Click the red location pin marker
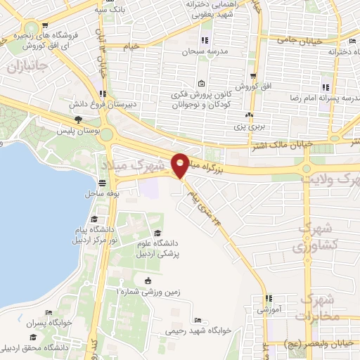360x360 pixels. click(x=180, y=165)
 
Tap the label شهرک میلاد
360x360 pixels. click(x=139, y=169)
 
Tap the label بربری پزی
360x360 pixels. click(x=250, y=127)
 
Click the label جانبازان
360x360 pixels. click(x=26, y=67)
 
